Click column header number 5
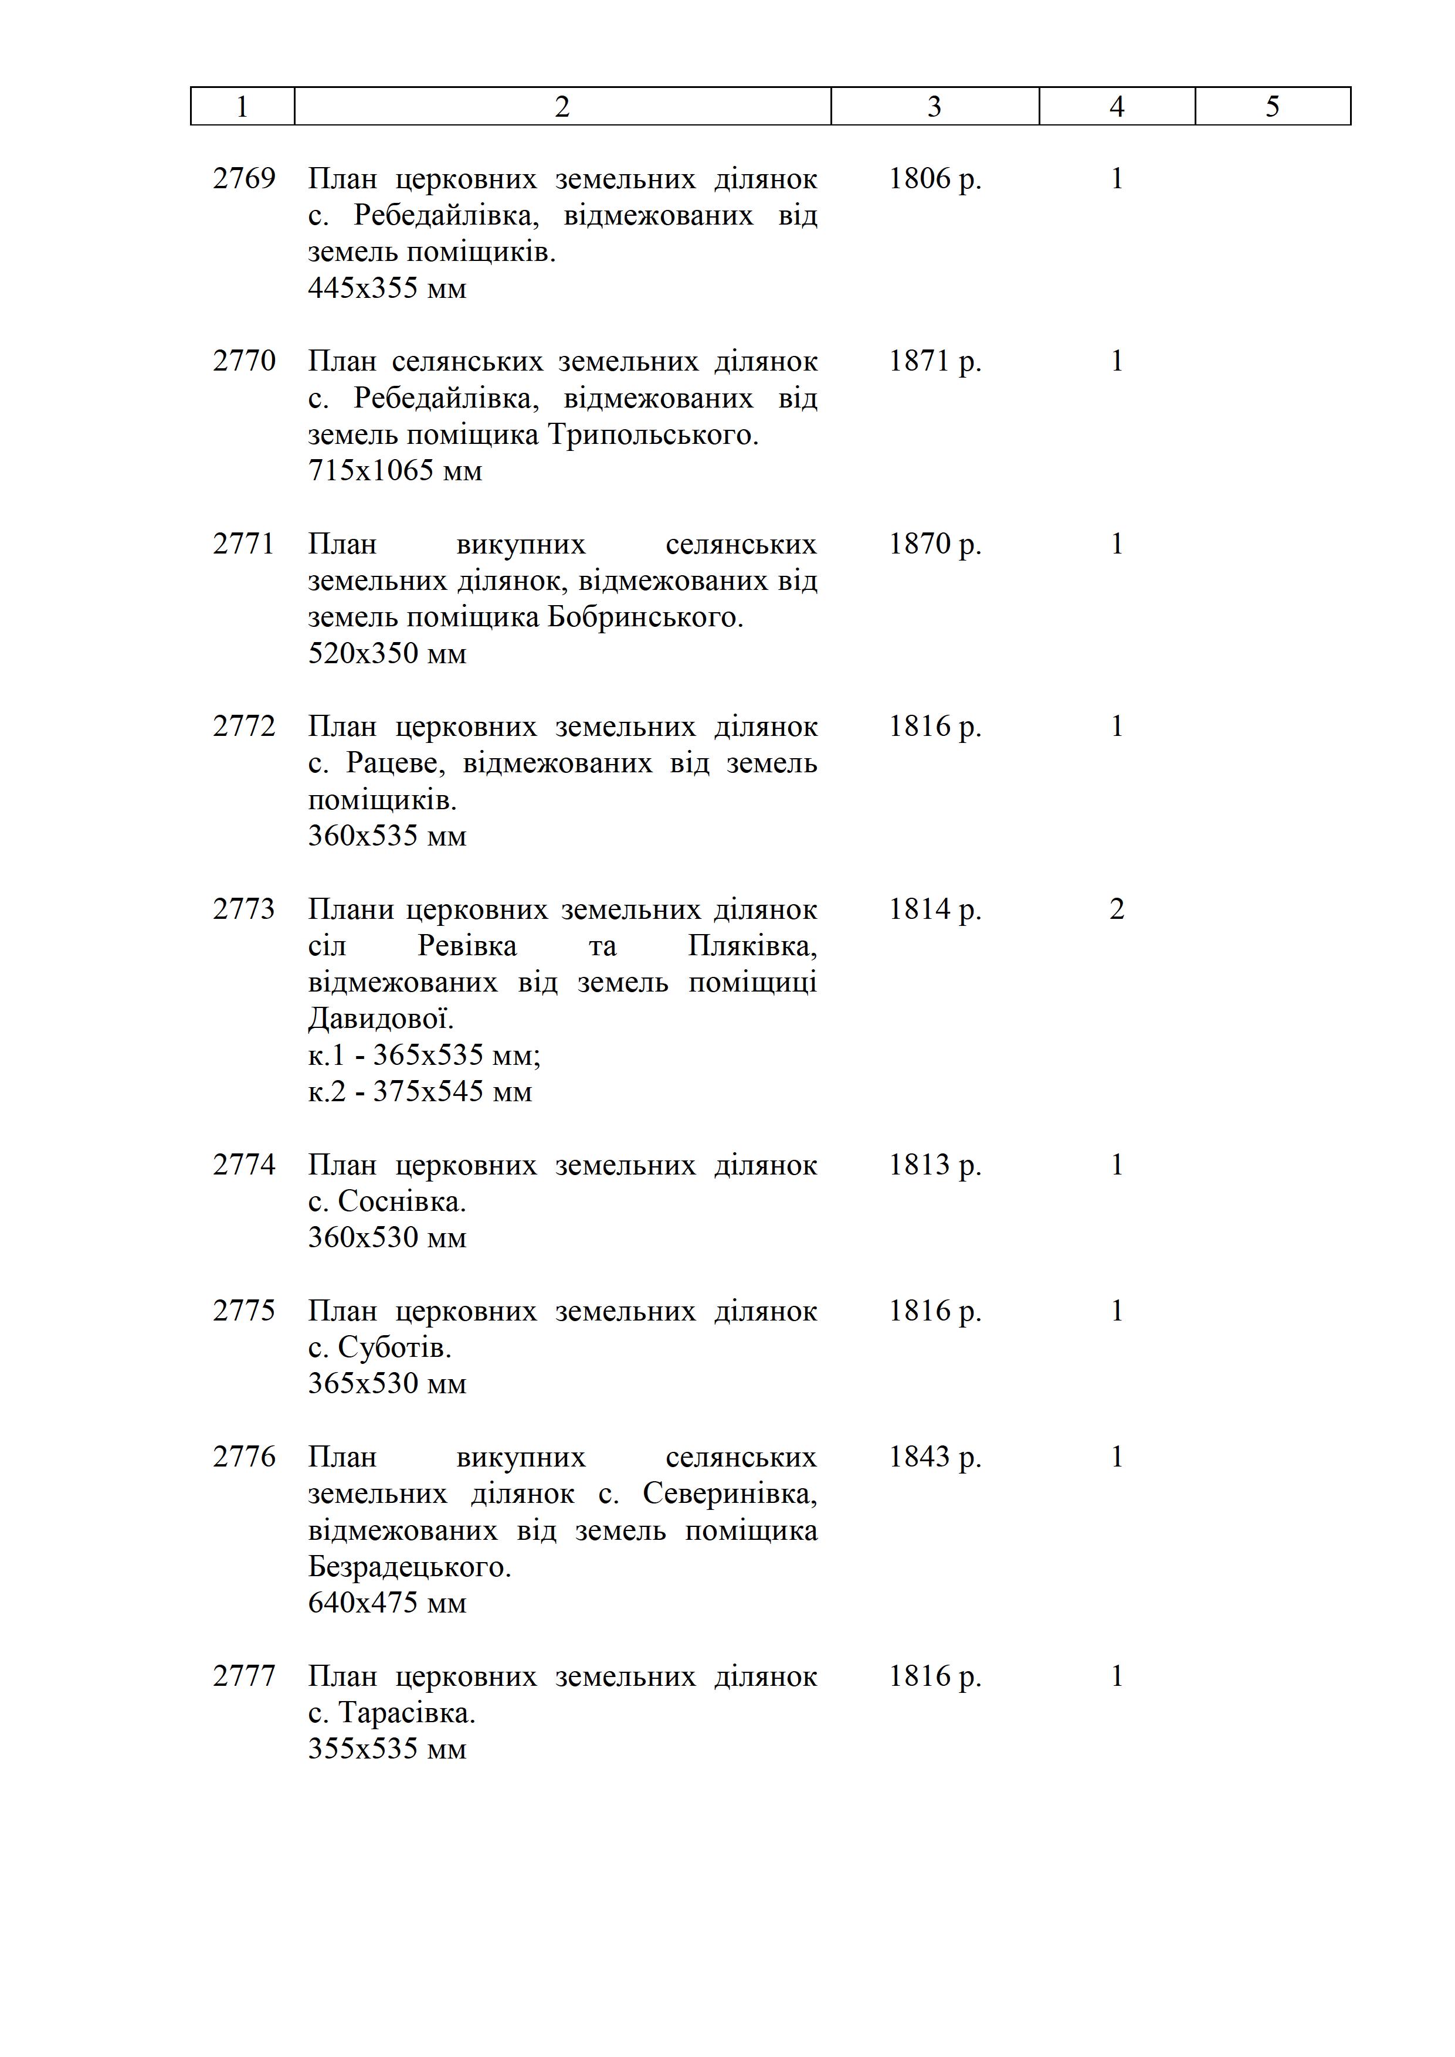pos(1272,107)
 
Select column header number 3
pos(934,107)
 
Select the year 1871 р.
pos(934,361)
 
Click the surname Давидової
pos(380,1019)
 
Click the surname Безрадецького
pos(409,1567)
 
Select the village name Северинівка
pos(727,1493)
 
